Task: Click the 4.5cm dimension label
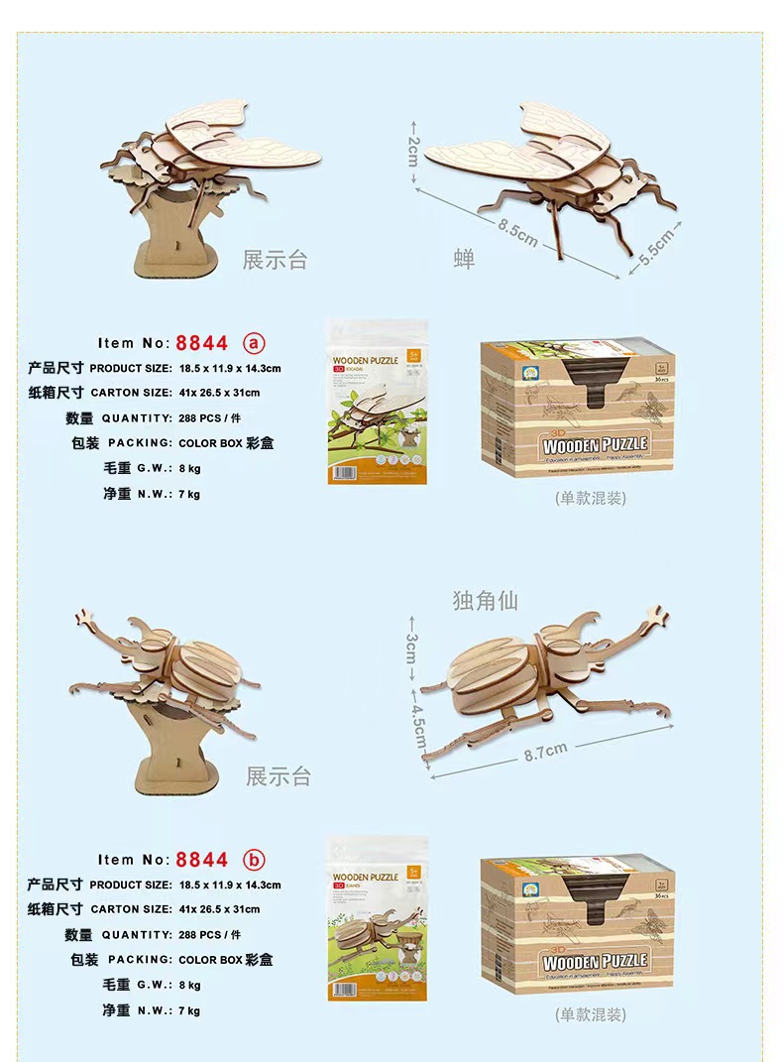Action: pos(418,729)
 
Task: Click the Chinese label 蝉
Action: pos(464,260)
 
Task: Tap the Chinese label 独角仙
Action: pos(485,600)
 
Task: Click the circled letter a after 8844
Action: pos(254,343)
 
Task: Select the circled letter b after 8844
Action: pos(254,860)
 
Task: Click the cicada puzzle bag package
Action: pos(377,402)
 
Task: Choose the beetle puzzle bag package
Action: pos(377,918)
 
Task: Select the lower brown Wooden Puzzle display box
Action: pos(578,928)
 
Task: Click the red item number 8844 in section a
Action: pos(202,343)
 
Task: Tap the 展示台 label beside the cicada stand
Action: pos(276,261)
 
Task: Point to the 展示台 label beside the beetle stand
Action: pos(279,776)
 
